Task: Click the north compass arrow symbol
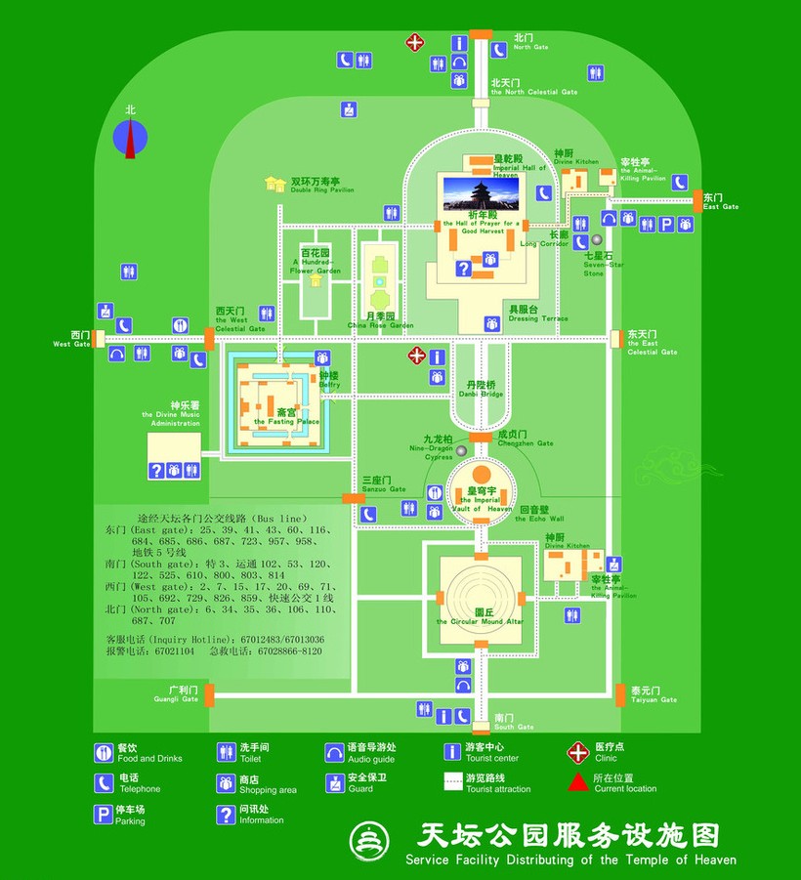[130, 138]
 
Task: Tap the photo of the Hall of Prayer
[482, 193]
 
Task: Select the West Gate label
[73, 339]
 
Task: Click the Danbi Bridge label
[480, 389]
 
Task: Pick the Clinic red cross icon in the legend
[578, 752]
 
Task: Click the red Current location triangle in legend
[578, 782]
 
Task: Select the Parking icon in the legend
[104, 814]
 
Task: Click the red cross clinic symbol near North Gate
[416, 42]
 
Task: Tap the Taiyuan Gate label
[653, 694]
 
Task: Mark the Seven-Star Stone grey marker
[596, 239]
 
